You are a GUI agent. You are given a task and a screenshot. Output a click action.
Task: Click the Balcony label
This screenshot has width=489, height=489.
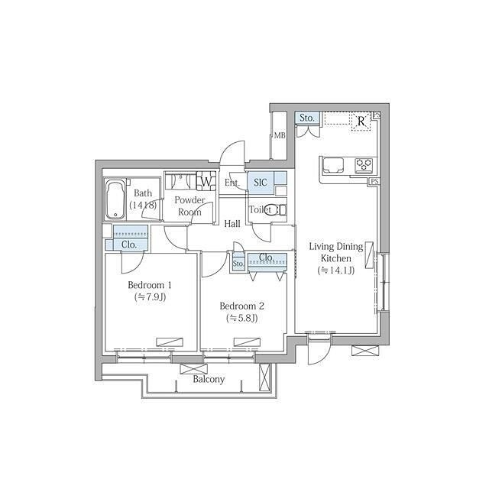tap(209, 379)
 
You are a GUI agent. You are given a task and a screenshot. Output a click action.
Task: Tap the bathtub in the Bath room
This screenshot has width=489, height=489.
tap(115, 200)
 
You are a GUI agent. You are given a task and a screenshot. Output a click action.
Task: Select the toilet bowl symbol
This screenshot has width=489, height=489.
tap(274, 209)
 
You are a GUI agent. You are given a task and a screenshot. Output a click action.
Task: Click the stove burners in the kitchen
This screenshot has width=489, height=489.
tap(364, 164)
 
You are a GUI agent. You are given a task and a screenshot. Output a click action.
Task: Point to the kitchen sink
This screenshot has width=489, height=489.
tap(333, 166)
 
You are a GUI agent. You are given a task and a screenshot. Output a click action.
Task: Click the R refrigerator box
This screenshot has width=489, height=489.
tap(361, 121)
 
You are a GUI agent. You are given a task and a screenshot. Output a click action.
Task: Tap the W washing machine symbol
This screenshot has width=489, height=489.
tap(206, 182)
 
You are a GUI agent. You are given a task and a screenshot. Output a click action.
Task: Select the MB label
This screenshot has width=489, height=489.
tap(280, 135)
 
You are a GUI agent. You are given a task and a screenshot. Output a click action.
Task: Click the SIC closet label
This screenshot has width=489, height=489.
tap(261, 182)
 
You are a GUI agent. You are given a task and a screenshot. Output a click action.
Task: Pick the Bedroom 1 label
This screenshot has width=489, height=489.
tap(150, 285)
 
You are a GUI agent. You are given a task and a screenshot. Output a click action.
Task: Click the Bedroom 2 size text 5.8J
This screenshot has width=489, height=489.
tap(242, 318)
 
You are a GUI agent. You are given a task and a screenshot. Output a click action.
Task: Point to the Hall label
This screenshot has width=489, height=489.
tap(232, 224)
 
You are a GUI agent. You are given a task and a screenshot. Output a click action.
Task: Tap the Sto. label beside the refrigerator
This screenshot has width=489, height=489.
tap(307, 118)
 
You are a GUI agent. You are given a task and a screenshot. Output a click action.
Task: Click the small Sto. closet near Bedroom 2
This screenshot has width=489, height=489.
tap(238, 263)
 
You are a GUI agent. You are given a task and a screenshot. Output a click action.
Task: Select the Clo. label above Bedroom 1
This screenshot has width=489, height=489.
tap(129, 244)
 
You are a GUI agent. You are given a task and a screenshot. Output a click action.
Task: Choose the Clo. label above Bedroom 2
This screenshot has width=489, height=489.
tap(267, 257)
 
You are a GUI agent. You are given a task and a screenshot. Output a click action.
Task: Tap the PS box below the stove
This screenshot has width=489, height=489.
tap(374, 181)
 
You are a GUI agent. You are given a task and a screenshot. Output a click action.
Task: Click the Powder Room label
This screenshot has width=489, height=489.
tap(189, 206)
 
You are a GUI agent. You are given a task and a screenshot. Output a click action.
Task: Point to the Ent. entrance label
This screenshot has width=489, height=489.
tap(232, 183)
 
